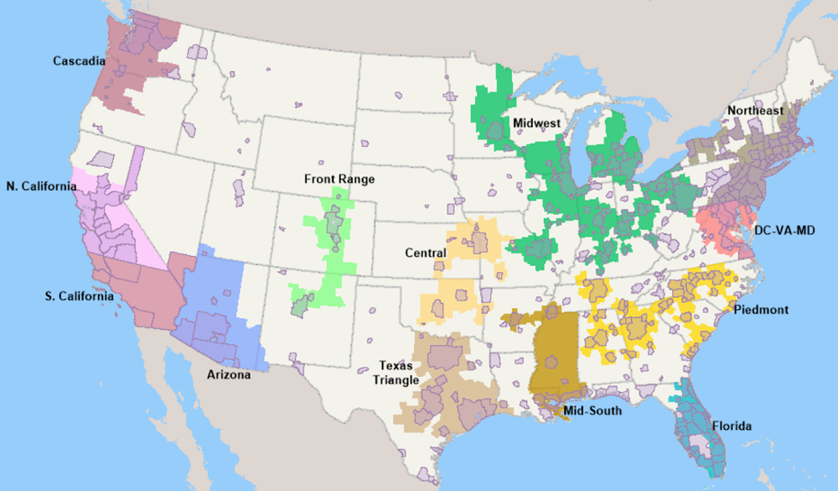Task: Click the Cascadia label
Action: (79, 61)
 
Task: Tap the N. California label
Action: (41, 185)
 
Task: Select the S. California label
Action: (80, 296)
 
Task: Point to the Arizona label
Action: (228, 375)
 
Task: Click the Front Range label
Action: (339, 179)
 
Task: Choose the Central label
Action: (424, 251)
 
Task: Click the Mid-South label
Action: (592, 410)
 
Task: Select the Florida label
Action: (732, 426)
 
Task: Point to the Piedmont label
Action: (761, 310)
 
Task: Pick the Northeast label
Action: (755, 111)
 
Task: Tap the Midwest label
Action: (535, 123)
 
